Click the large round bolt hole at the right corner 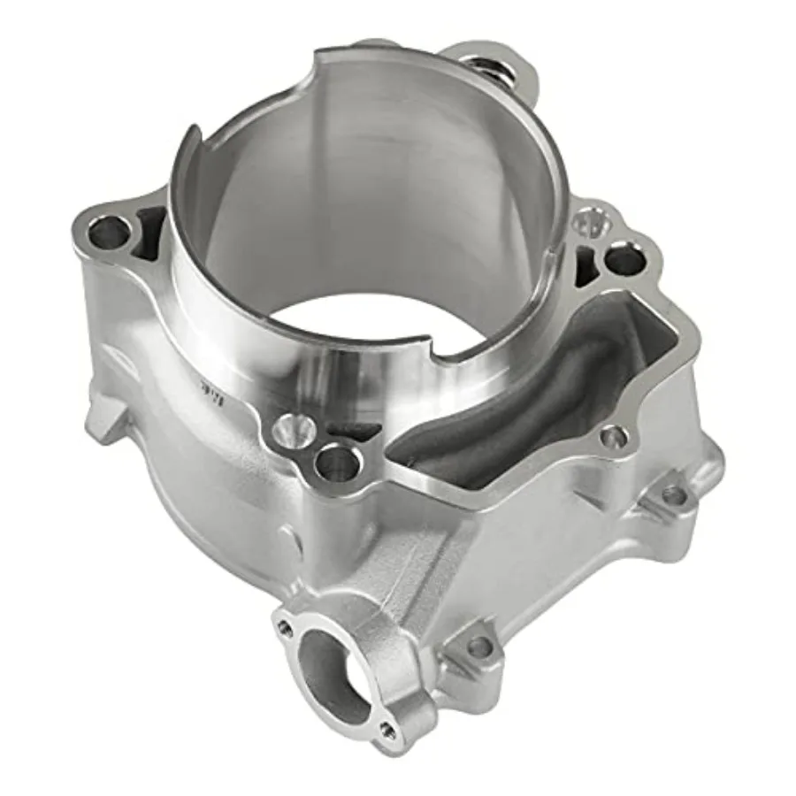click(x=623, y=259)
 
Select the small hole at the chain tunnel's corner click(x=612, y=436)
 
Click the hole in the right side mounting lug click(x=674, y=495)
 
